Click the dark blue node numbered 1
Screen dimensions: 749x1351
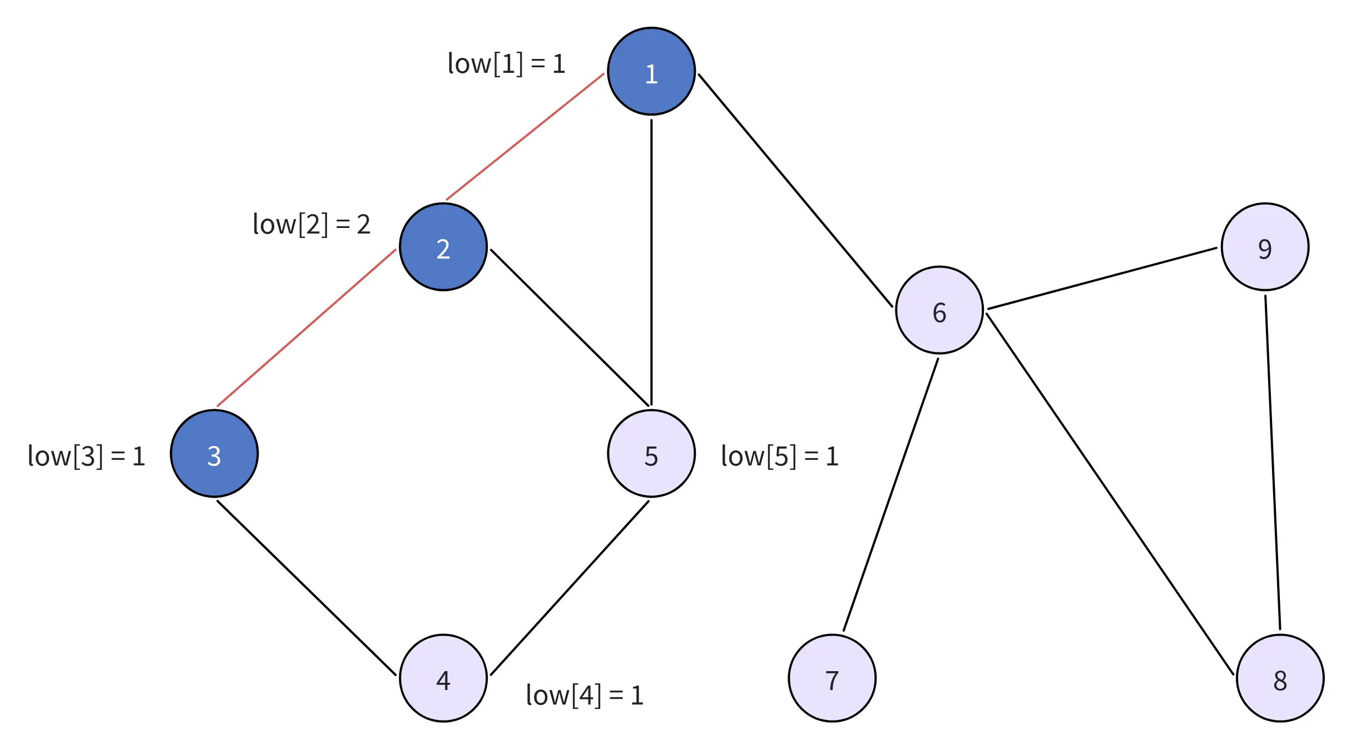651,72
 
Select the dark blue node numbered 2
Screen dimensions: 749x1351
443,247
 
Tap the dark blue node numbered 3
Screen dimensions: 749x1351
214,454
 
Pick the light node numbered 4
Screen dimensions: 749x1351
443,678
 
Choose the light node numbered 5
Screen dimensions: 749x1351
651,454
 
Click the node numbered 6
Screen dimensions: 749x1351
939,310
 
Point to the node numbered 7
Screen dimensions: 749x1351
832,678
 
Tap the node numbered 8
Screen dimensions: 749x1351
1280,678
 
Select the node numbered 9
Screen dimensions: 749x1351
1265,247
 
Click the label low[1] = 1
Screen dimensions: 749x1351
506,63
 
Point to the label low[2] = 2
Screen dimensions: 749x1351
311,224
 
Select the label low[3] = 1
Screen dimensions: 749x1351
87,456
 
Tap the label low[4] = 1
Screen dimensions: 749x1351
585,695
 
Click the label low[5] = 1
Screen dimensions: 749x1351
780,456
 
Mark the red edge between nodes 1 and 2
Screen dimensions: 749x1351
525,137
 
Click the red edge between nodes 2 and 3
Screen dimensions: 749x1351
306,328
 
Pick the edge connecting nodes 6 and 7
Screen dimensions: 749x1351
890,495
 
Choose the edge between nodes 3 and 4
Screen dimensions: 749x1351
306,588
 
